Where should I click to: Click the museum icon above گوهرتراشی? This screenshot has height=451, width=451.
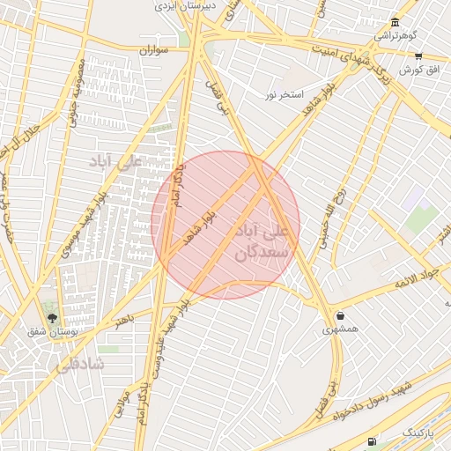[x=394, y=22]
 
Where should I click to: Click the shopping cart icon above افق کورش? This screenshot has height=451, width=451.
[x=418, y=55]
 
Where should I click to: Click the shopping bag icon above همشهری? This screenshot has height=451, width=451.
[x=339, y=315]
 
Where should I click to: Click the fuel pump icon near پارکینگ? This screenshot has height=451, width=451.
[x=373, y=440]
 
